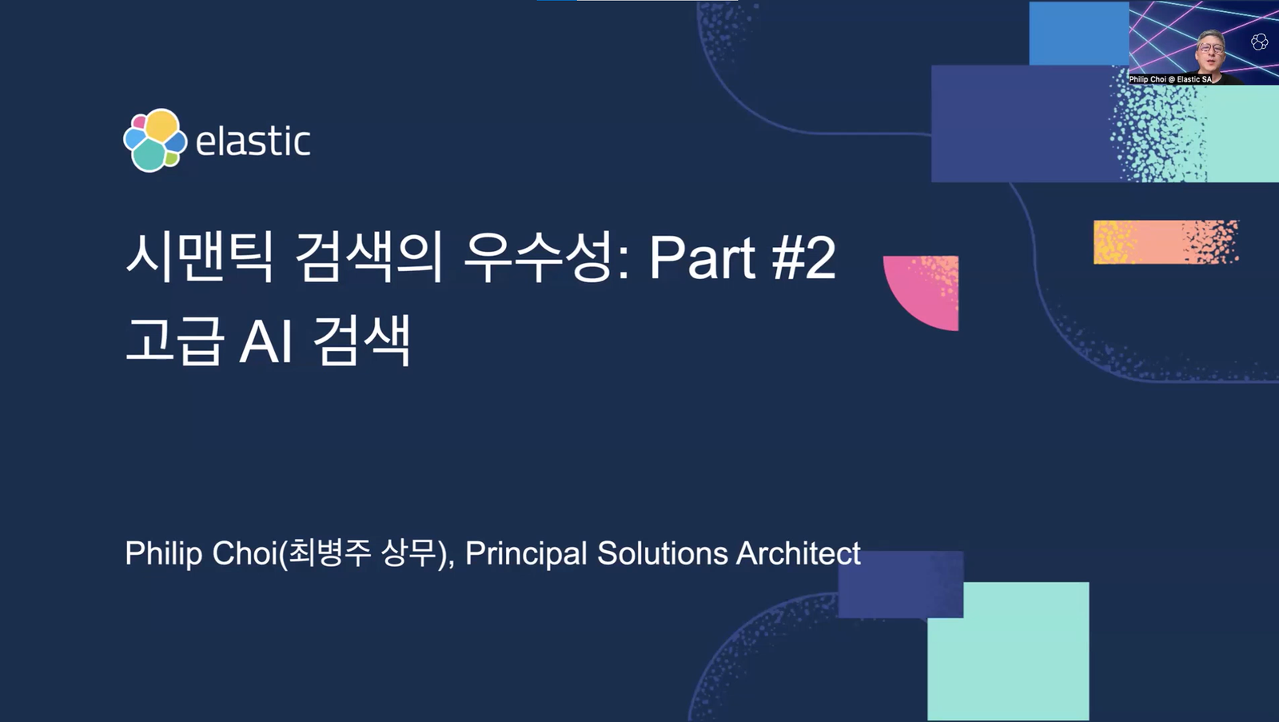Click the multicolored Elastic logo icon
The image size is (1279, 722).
point(155,141)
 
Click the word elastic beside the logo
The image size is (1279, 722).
point(253,141)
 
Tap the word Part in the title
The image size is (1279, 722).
point(703,258)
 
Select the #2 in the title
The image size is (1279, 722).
point(804,258)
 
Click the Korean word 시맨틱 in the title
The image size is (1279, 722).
point(199,257)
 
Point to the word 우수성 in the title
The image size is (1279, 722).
point(536,257)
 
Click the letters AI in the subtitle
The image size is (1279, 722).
point(267,341)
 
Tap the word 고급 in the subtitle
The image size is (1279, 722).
point(173,341)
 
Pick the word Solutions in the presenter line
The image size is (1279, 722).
point(663,553)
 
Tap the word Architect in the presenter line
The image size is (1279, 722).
point(799,553)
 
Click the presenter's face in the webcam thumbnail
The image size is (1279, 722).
point(1211,50)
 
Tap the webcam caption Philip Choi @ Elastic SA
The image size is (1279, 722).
point(1170,79)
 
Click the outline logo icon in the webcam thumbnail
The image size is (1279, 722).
point(1260,42)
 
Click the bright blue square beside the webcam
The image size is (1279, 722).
point(1079,33)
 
